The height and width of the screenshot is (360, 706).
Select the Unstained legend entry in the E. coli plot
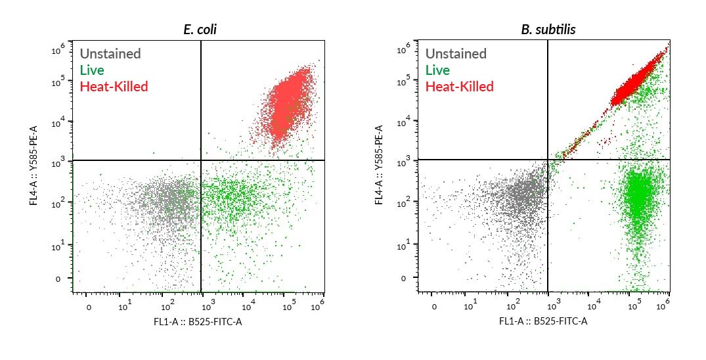[110, 54]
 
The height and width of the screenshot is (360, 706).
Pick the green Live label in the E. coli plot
[92, 70]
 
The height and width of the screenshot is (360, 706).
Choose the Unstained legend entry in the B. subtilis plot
[456, 54]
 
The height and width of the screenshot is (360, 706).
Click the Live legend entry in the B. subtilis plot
[437, 70]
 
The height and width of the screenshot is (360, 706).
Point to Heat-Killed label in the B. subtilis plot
[459, 87]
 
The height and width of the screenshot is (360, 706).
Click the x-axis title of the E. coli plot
[198, 321]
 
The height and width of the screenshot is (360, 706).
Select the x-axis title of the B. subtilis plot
[543, 321]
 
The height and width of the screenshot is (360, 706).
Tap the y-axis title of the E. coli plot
[33, 167]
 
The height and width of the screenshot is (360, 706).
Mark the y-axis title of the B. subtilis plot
[379, 167]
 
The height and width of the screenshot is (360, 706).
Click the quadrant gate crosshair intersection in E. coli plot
[201, 160]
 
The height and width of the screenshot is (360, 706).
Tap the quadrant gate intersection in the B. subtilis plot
[548, 160]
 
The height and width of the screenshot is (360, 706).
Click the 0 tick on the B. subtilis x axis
[434, 307]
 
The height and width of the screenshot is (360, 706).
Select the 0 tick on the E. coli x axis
[89, 307]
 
